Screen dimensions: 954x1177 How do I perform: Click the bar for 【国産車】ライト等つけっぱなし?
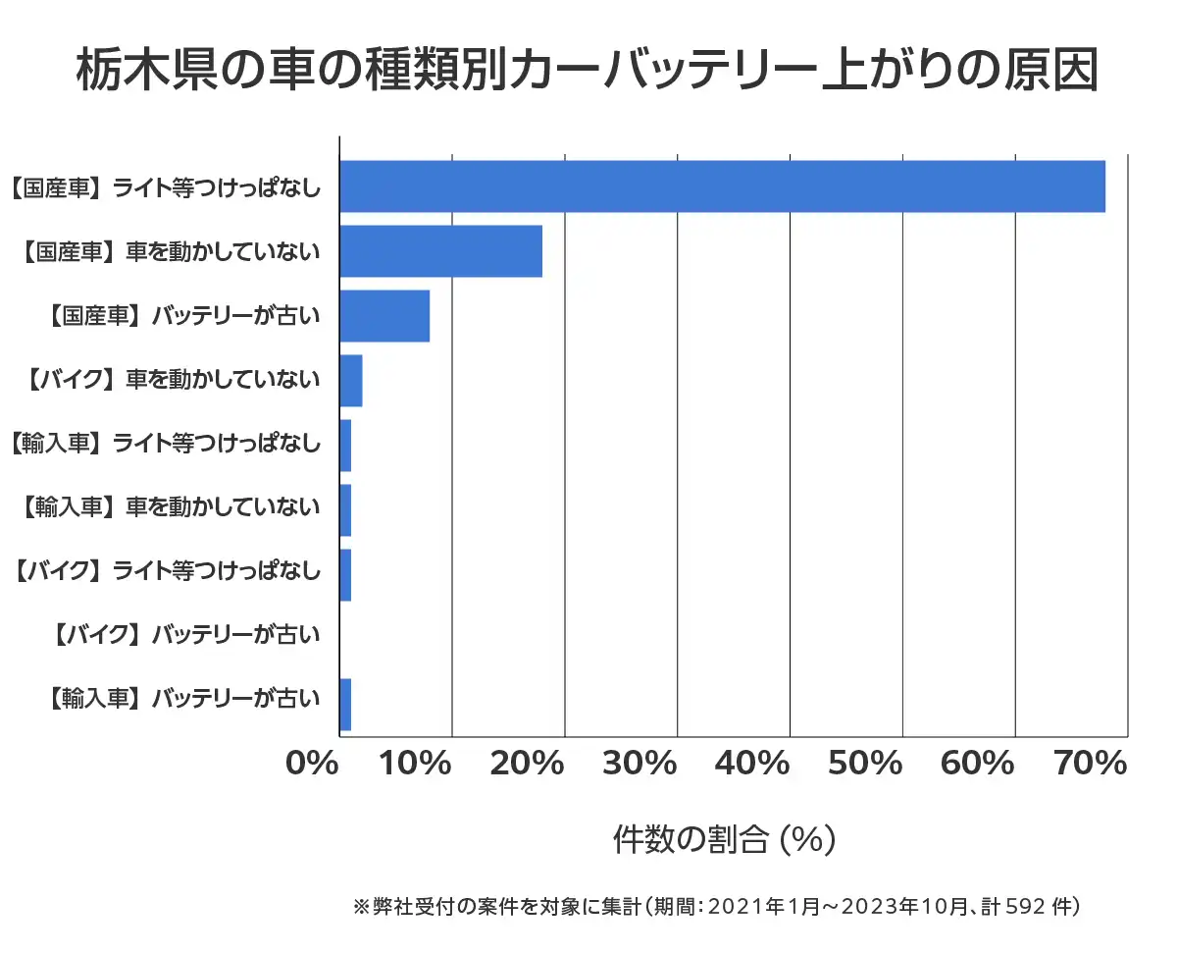click(722, 186)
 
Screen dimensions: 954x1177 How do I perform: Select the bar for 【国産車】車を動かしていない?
click(440, 251)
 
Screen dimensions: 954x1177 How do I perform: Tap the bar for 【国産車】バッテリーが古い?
click(384, 316)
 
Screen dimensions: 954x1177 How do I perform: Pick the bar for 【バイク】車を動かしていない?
click(351, 381)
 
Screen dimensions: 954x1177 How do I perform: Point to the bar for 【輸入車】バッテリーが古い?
click(345, 705)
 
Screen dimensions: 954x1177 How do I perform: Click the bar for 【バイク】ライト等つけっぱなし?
click(345, 575)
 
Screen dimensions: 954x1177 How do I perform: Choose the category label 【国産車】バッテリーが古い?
click(183, 316)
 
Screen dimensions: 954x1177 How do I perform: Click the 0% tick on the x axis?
click(312, 763)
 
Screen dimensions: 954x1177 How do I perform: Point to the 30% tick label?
click(640, 763)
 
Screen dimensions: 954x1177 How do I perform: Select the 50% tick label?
click(865, 763)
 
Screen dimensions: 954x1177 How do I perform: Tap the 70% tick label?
click(1090, 763)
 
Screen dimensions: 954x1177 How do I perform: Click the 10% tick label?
click(415, 763)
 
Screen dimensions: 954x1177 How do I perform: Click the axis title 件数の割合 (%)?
click(724, 840)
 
